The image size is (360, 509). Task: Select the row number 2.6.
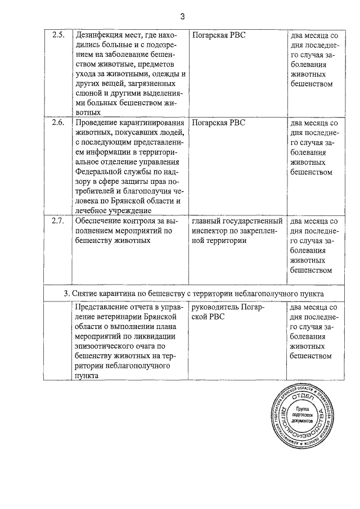(58, 123)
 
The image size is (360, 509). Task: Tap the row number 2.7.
(58, 220)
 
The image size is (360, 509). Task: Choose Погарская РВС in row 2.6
(219, 123)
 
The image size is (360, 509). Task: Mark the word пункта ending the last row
(86, 376)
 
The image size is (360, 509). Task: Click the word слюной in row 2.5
(88, 93)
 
